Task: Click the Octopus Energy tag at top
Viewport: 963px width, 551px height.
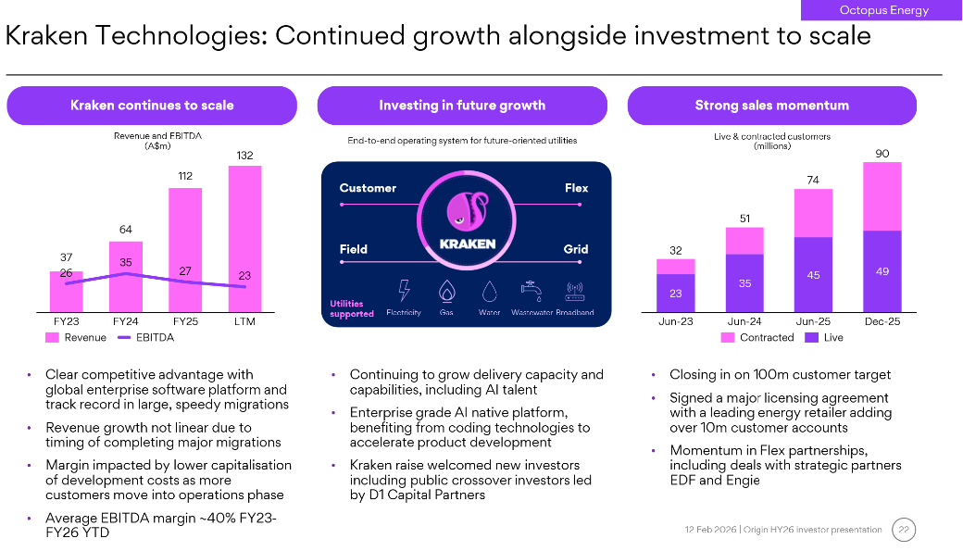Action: pos(883,10)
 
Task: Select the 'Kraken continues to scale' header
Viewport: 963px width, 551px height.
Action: pos(152,106)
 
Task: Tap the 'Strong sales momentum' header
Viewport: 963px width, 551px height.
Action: pos(771,106)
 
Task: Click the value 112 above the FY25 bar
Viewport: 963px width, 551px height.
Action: pos(185,176)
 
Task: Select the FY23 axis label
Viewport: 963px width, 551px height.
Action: pos(66,321)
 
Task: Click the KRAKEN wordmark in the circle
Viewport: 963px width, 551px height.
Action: pos(467,244)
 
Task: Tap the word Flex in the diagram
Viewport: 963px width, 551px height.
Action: pos(576,188)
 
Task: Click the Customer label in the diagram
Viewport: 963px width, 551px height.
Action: pos(368,188)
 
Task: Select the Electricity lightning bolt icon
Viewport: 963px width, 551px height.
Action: pos(404,291)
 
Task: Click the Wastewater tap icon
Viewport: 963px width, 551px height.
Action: pos(532,291)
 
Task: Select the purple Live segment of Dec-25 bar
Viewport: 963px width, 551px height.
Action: pos(882,271)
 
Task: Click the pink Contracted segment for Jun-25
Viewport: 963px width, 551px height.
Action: pos(813,213)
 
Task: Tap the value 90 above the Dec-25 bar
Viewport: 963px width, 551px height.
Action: pos(882,153)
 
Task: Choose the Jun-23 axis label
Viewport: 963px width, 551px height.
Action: pos(676,321)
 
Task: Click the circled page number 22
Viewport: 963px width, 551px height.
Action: pos(904,530)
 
